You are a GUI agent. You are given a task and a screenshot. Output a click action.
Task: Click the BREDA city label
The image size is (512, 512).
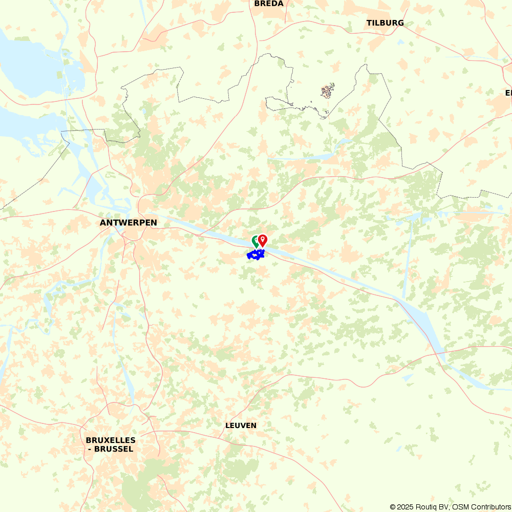[x=269, y=4]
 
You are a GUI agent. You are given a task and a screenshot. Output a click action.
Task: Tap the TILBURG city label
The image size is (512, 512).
[x=385, y=23]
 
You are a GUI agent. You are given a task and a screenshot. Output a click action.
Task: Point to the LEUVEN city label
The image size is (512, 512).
[x=241, y=425]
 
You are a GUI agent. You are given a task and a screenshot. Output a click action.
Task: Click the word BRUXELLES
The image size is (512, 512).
[x=111, y=440]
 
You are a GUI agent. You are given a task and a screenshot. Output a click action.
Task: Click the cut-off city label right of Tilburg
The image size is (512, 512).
[x=508, y=93]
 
